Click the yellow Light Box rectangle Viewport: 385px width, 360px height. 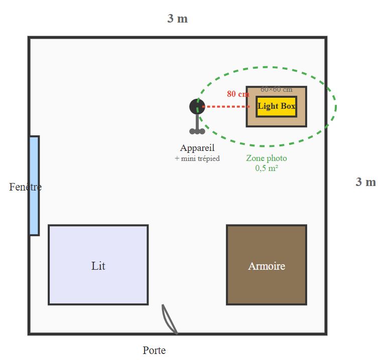coord(276,106)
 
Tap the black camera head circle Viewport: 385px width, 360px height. coord(197,106)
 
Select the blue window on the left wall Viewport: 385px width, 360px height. coord(34,186)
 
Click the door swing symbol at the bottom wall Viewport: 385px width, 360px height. coord(170,319)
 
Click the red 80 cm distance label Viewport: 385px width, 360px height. coord(237,94)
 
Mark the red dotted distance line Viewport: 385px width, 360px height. coord(226,107)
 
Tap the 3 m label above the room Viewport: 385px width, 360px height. coord(178,19)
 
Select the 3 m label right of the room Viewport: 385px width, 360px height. coord(365,182)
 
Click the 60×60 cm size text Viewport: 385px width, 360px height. coord(276,90)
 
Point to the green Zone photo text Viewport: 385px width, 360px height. coord(267,158)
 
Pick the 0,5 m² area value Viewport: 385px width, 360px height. coord(267,168)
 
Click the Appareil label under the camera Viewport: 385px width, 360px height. coord(197,148)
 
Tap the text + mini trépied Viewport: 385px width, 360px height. coord(197,158)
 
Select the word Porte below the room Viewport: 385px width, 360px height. coord(154,350)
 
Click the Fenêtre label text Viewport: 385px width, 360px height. coord(25,187)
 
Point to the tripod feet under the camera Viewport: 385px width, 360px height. coord(197,131)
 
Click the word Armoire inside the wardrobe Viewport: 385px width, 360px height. coord(267,266)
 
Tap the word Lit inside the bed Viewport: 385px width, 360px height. coord(98,266)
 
